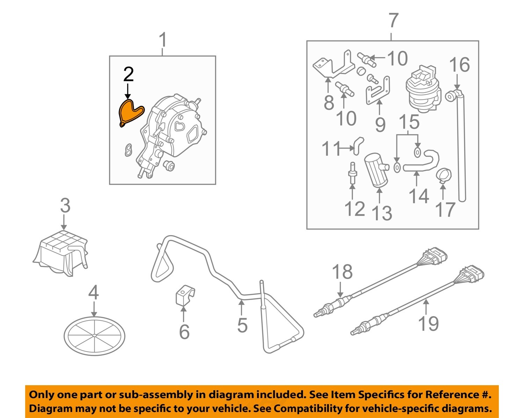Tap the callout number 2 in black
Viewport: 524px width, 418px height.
tap(128, 74)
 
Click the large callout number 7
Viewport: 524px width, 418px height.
tap(393, 21)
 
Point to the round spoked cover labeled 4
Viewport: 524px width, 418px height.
tap(94, 336)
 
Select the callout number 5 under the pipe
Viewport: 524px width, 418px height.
tap(242, 325)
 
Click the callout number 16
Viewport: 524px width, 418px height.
tap(459, 65)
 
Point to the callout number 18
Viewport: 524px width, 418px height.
tap(342, 272)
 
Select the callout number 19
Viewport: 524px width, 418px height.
tap(428, 324)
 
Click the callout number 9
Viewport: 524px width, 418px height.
tap(380, 124)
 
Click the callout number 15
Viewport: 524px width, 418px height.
tap(409, 122)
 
